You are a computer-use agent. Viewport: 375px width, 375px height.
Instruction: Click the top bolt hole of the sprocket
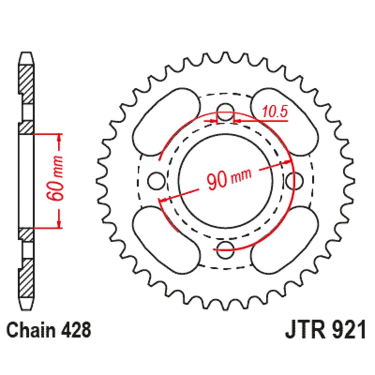[x=226, y=111]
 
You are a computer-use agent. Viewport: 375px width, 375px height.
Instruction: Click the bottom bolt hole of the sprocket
[x=226, y=249]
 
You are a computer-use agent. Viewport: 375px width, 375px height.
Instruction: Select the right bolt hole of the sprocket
[x=295, y=180]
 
